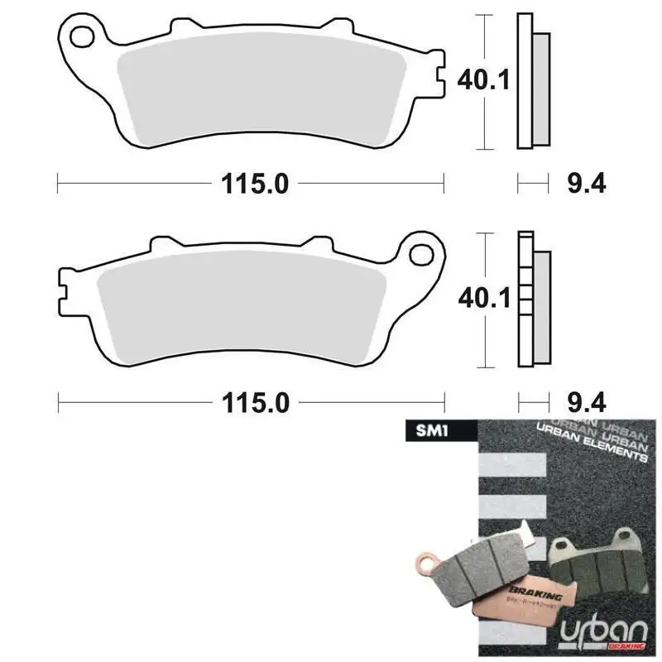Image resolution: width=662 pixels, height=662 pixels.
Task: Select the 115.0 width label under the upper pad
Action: pyautogui.click(x=254, y=184)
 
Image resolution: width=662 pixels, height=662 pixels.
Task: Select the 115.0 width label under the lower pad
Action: pyautogui.click(x=254, y=403)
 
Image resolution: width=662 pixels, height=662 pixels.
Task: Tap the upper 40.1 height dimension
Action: pyautogui.click(x=484, y=80)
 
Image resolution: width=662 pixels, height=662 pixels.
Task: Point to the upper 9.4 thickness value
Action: pyautogui.click(x=587, y=184)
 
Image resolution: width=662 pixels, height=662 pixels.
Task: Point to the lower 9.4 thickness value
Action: pyautogui.click(x=587, y=403)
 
